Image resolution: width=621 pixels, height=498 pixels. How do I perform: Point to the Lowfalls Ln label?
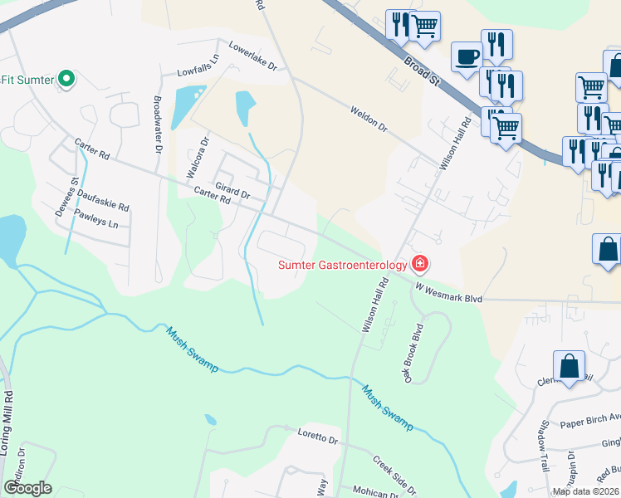click(203, 72)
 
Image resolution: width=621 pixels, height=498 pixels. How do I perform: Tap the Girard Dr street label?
click(232, 190)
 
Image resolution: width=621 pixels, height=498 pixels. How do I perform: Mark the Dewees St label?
click(74, 192)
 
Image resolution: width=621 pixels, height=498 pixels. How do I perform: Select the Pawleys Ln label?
click(96, 220)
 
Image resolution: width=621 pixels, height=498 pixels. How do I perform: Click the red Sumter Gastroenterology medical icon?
click(420, 265)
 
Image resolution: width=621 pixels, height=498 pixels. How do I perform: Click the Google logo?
click(27, 488)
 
